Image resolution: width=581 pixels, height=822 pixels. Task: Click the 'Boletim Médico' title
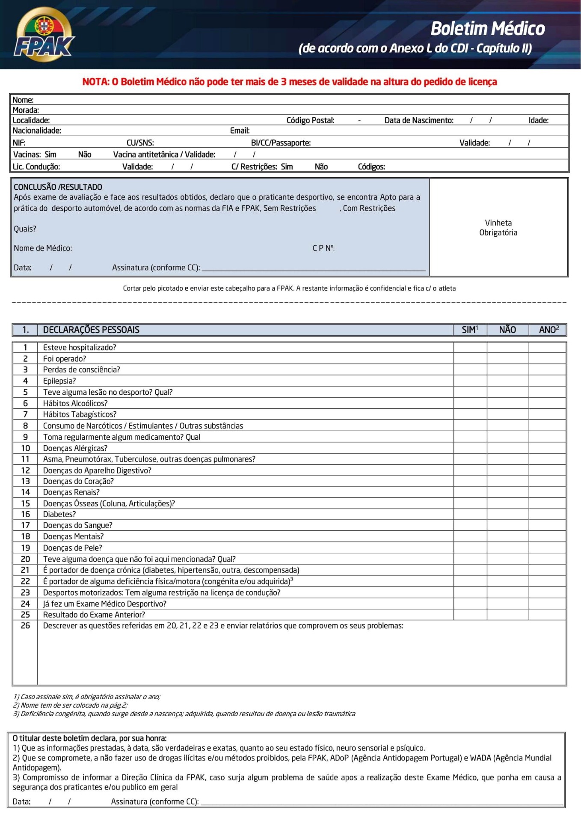tap(487, 29)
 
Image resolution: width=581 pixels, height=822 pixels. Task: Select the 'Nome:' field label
tap(23, 100)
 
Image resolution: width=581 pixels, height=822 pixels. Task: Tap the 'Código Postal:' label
tap(310, 120)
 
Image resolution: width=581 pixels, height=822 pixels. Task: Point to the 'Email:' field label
tap(240, 131)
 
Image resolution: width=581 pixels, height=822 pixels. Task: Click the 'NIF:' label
tap(19, 143)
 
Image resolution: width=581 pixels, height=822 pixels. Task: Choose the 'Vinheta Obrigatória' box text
tap(498, 227)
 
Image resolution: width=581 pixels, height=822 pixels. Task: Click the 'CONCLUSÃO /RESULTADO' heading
tap(58, 187)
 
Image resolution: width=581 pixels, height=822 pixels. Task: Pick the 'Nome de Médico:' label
tap(43, 248)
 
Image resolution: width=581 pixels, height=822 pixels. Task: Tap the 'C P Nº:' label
tap(323, 248)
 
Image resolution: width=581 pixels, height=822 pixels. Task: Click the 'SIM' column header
tap(469, 330)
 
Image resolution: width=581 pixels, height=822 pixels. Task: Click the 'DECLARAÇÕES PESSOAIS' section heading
tap(91, 330)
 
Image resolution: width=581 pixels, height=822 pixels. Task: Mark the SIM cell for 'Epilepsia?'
tap(470, 381)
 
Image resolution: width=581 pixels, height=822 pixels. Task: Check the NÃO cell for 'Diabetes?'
tap(507, 514)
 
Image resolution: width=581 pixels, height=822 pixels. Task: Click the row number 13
tap(25, 481)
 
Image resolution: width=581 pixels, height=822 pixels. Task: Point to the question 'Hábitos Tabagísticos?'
tap(80, 414)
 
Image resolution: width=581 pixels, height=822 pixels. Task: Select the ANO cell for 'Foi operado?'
tap(547, 359)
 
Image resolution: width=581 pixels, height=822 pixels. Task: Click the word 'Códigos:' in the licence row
tap(371, 167)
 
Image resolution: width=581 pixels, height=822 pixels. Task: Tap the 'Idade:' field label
tap(538, 120)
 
